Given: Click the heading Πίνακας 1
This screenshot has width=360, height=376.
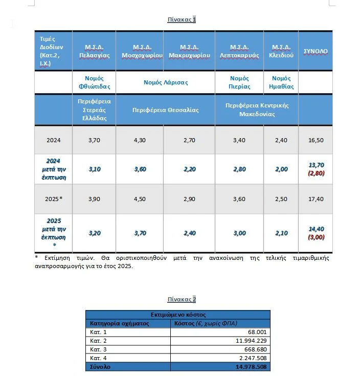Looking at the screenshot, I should pos(182,19).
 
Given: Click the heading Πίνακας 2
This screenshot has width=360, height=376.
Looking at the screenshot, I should pos(182,299).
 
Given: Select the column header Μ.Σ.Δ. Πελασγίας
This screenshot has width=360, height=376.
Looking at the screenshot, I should pos(94,51).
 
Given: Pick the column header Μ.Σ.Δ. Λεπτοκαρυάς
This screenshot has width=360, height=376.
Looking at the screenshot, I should pos(239,51).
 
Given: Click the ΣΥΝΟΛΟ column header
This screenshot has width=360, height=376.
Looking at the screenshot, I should pos(316,51).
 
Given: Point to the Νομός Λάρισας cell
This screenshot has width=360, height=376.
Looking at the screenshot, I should pos(166,82).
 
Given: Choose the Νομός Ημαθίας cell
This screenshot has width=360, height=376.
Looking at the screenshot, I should pos(281,82).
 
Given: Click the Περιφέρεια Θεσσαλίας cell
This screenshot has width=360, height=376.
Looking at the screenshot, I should pos(166,110).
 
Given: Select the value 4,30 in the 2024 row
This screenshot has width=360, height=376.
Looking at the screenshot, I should pos(140,140).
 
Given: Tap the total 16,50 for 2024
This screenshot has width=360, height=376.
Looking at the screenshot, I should pos(316,140).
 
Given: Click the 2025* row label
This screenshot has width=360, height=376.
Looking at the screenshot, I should pos(54,199).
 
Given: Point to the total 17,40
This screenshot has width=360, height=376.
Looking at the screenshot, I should pos(316,199).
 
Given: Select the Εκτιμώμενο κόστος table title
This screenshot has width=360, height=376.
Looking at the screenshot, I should pos(177,315).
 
